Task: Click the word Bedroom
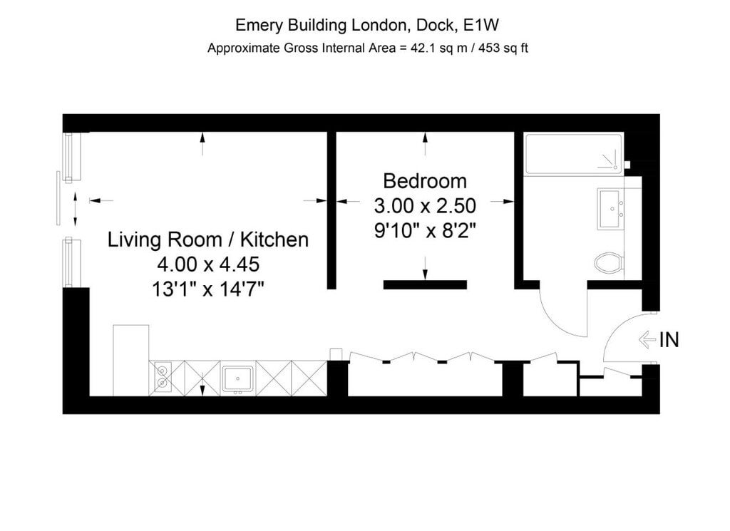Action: click(x=425, y=181)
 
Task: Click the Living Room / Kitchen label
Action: click(x=208, y=239)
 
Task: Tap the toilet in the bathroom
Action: click(x=609, y=262)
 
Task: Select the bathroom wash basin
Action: click(x=610, y=210)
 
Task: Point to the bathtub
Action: click(x=574, y=154)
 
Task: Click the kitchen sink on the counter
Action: click(x=238, y=378)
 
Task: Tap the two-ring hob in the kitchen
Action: click(x=162, y=378)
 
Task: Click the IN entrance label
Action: click(x=669, y=340)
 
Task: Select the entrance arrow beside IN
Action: click(x=647, y=339)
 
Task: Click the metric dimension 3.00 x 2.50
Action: click(x=425, y=205)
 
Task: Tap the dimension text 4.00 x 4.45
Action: click(x=208, y=264)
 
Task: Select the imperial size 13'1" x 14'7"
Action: click(x=208, y=289)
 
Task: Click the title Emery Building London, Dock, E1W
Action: click(x=367, y=25)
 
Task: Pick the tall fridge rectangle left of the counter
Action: click(x=131, y=361)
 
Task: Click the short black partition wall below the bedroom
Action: click(x=425, y=285)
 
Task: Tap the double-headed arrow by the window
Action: click(x=76, y=210)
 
